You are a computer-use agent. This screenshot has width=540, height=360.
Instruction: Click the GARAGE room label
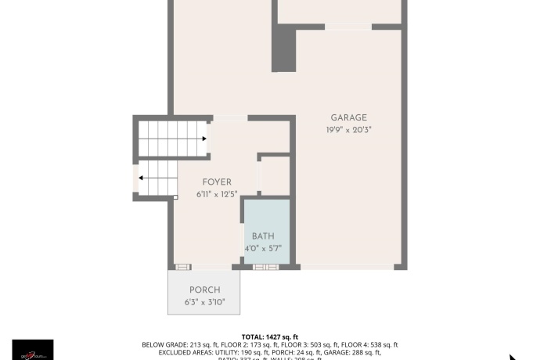coord(348,117)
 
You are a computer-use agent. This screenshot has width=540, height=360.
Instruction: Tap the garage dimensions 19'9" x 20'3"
coord(348,129)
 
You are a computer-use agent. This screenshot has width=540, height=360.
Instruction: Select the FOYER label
coord(217,182)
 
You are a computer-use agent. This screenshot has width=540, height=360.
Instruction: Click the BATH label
coord(263,236)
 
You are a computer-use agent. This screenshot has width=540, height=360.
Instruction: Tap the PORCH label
coord(204,290)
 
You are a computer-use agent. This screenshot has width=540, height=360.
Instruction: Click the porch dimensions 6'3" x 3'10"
coord(204,302)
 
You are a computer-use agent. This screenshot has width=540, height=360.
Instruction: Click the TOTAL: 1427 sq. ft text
coord(269,337)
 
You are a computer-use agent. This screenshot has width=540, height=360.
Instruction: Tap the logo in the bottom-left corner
coord(33,350)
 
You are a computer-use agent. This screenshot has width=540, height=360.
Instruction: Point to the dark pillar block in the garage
coord(283,49)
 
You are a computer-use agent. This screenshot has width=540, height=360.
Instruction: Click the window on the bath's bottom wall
coord(265,267)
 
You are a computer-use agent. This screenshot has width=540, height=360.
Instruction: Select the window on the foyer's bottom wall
coord(182,267)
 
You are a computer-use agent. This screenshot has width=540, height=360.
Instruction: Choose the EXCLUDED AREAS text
coord(166,353)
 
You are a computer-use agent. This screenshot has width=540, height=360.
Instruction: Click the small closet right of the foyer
coord(274,176)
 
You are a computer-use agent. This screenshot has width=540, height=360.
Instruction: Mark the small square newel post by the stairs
coord(175,197)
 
